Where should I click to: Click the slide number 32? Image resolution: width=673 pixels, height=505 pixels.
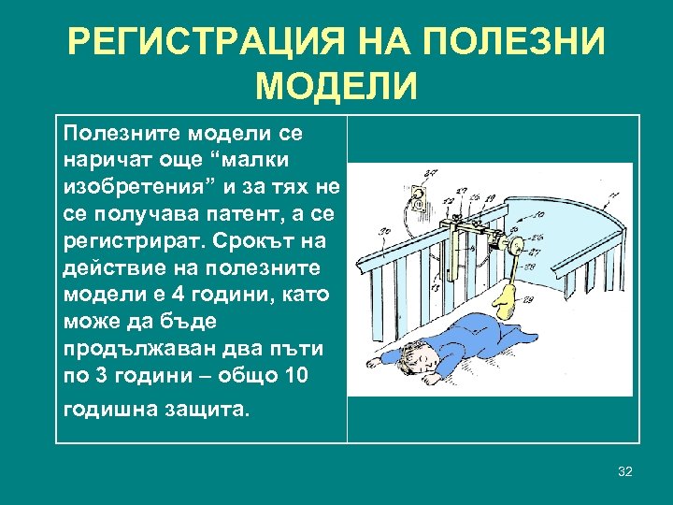(625, 471)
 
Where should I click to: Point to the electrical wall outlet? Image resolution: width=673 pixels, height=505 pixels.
(421, 198)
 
